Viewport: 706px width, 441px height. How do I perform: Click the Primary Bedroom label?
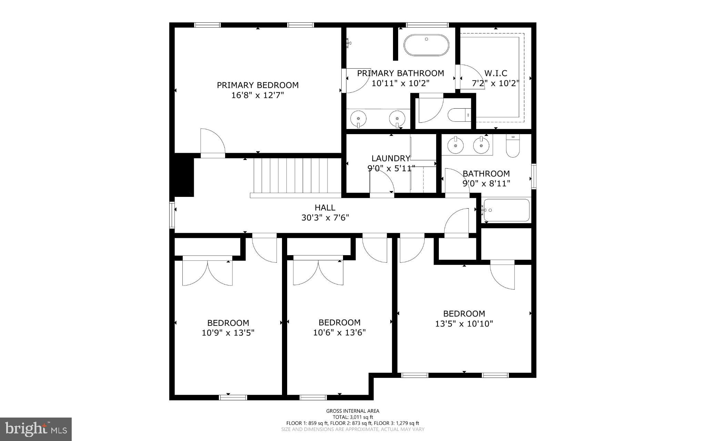[x=258, y=85]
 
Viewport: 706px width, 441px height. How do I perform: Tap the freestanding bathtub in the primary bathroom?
[x=426, y=45]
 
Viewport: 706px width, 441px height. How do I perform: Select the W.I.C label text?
[x=496, y=73]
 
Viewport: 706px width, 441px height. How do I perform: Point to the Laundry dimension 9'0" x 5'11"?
[x=391, y=168]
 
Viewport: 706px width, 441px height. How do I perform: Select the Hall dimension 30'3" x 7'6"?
[x=325, y=218]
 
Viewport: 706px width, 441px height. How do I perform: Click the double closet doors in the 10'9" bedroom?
[x=207, y=272]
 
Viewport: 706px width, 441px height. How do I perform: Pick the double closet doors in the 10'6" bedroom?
[x=318, y=272]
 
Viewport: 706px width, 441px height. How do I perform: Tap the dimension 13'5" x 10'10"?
[x=464, y=323]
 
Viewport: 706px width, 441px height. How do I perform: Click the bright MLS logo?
[x=36, y=429]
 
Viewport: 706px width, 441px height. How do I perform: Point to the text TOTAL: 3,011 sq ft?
[x=353, y=417]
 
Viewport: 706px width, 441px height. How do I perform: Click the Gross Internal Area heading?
[x=353, y=411]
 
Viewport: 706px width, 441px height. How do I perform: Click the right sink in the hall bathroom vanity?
[x=481, y=145]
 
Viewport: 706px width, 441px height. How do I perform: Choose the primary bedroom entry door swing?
[x=212, y=142]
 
